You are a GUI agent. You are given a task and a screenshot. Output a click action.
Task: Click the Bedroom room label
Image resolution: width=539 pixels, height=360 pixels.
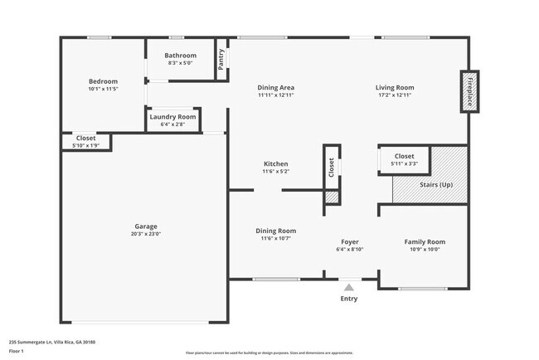pyautogui.click(x=104, y=81)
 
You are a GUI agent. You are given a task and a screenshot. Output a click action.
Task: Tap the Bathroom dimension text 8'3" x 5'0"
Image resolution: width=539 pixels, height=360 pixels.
pyautogui.click(x=180, y=63)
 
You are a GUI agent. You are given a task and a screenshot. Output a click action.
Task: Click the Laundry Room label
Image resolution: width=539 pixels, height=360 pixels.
pyautogui.click(x=172, y=117)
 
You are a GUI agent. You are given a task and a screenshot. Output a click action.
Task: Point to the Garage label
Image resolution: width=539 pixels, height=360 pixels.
pyautogui.click(x=146, y=226)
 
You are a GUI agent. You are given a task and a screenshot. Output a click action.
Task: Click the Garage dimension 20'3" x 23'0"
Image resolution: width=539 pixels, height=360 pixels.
pyautogui.click(x=146, y=235)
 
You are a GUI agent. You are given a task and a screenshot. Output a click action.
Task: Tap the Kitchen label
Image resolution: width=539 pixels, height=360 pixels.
pyautogui.click(x=275, y=163)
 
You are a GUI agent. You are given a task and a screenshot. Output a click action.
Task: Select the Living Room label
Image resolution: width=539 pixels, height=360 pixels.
pyautogui.click(x=394, y=87)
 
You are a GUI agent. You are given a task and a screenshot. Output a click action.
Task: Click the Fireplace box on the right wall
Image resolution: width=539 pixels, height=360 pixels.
pyautogui.click(x=469, y=90)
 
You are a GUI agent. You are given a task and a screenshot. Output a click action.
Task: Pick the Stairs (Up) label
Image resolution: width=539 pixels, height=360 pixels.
pyautogui.click(x=436, y=184)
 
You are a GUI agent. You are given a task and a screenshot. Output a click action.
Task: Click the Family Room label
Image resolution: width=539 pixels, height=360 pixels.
pyautogui.click(x=425, y=242)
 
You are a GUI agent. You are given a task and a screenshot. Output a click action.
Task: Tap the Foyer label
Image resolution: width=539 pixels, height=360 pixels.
pyautogui.click(x=350, y=242)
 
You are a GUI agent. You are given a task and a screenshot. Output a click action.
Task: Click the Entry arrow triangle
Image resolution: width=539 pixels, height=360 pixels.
pyautogui.click(x=349, y=287)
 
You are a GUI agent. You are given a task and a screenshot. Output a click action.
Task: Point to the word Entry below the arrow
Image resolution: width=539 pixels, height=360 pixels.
pyautogui.click(x=349, y=299)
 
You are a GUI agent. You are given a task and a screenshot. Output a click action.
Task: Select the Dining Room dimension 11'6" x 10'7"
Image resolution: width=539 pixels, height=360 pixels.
pyautogui.click(x=275, y=239)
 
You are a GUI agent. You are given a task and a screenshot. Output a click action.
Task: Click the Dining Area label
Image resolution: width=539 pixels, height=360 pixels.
pyautogui.click(x=275, y=87)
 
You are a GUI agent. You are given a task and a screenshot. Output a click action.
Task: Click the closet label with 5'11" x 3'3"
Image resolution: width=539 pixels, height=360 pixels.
pyautogui.click(x=404, y=156)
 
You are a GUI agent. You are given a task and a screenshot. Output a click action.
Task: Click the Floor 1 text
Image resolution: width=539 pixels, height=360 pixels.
pyautogui.click(x=16, y=351)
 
